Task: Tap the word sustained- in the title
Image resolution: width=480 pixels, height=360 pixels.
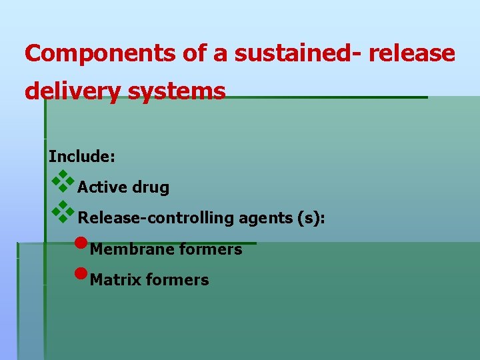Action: point(295,53)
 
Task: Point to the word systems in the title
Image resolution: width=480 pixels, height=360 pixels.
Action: point(185,91)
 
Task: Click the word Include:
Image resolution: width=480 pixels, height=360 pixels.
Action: point(82,157)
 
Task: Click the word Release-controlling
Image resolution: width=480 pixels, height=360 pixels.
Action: point(153,218)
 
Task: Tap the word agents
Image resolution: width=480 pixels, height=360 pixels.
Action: point(257,219)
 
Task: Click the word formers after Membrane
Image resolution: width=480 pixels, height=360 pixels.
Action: point(211,249)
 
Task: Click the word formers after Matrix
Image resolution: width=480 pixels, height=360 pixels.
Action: point(177,280)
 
